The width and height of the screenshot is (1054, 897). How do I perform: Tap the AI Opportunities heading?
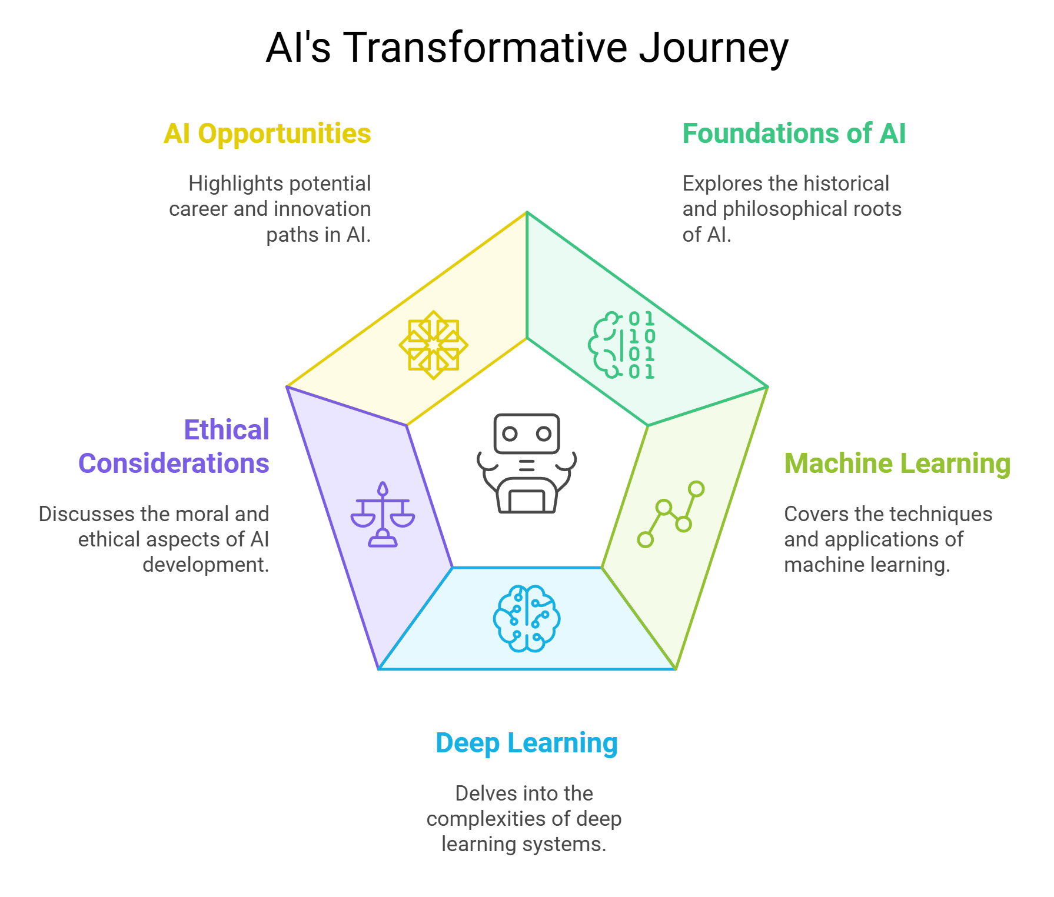point(267,134)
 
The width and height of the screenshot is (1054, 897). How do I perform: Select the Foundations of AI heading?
point(794,134)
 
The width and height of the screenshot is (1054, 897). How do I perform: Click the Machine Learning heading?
point(897,463)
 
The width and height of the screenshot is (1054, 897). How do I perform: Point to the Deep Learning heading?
point(527,743)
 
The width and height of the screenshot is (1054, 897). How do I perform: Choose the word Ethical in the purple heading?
point(227,430)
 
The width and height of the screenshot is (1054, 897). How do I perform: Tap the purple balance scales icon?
point(383,515)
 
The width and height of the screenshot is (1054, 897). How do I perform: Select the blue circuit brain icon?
point(527,618)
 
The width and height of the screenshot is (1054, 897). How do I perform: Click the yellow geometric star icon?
point(434,345)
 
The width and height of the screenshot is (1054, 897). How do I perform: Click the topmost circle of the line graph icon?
point(696,489)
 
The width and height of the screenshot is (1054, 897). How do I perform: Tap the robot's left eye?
point(510,434)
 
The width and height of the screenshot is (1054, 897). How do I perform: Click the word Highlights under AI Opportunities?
point(222,184)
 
